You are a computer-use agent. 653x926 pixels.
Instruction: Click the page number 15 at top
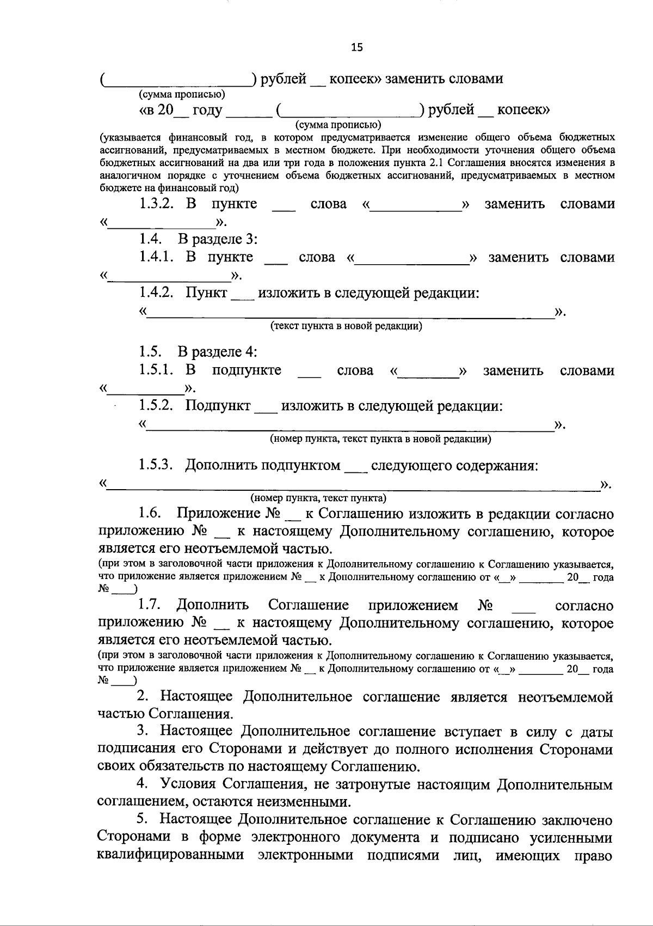tap(356, 47)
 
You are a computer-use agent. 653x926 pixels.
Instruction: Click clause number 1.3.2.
tap(155, 204)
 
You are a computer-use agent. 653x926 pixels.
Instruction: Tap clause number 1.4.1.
tap(155, 257)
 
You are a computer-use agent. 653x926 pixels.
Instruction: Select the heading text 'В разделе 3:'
tap(218, 239)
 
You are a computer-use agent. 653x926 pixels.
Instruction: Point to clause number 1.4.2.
tap(155, 293)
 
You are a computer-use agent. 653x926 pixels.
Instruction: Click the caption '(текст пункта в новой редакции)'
tap(346, 326)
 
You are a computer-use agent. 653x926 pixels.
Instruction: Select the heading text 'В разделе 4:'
tap(218, 351)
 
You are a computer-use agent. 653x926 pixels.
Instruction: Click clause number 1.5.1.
tap(155, 370)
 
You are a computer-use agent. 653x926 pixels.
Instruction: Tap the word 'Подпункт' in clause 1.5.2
tap(218, 406)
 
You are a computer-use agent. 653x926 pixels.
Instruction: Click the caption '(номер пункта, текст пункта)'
tap(318, 497)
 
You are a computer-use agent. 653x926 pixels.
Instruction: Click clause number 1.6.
tap(148, 514)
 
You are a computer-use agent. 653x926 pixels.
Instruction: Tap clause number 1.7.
tap(148, 605)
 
